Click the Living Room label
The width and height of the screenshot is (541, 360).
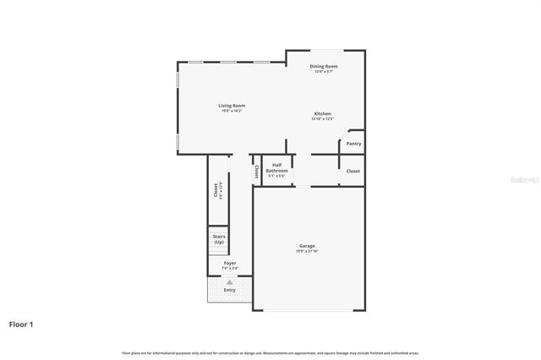pyautogui.click(x=232, y=106)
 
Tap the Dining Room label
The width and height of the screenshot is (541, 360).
pyautogui.click(x=323, y=66)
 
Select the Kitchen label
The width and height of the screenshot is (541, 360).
pyautogui.click(x=322, y=114)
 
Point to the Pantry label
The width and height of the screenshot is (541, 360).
pyautogui.click(x=353, y=144)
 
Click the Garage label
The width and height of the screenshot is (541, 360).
pyautogui.click(x=306, y=246)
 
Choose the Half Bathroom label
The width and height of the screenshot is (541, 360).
pyautogui.click(x=276, y=168)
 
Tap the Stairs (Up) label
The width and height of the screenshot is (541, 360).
pyautogui.click(x=219, y=239)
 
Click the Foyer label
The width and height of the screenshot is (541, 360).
pyautogui.click(x=230, y=264)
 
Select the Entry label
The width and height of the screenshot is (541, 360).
pyautogui.click(x=230, y=290)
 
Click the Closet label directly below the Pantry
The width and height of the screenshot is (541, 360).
pyautogui.click(x=353, y=171)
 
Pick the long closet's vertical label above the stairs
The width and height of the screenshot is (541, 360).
pyautogui.click(x=216, y=190)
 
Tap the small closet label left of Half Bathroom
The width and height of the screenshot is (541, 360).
pyautogui.click(x=257, y=171)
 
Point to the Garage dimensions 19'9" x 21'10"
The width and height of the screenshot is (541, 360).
pyautogui.click(x=306, y=251)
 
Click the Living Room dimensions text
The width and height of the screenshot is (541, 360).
pyautogui.click(x=232, y=111)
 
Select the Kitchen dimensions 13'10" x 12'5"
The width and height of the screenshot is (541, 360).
pyautogui.click(x=322, y=119)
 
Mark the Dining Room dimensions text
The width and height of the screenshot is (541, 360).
pyautogui.click(x=323, y=71)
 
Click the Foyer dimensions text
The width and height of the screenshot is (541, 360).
pyautogui.click(x=230, y=269)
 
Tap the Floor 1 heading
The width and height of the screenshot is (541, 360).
pyautogui.click(x=21, y=324)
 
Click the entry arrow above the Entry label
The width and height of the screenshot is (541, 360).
pyautogui.click(x=229, y=282)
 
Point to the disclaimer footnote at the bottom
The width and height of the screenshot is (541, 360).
pyautogui.click(x=270, y=352)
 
